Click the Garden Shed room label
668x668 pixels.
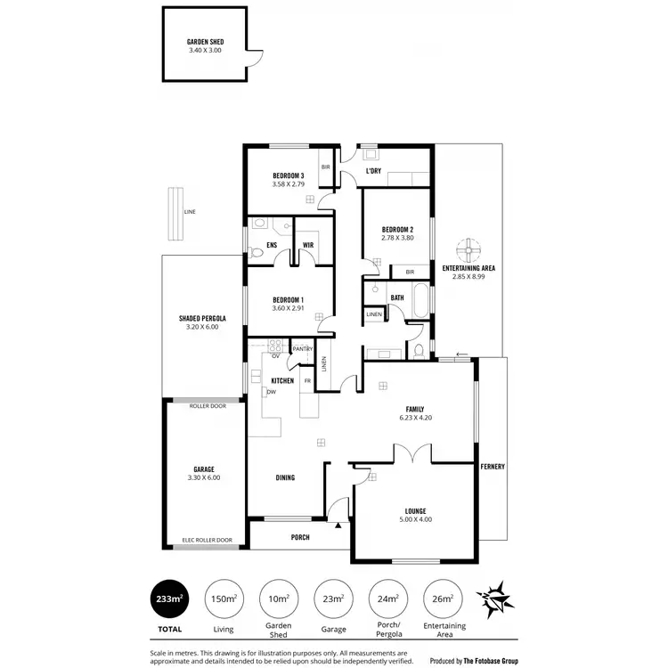204,42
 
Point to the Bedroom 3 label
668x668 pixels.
289,175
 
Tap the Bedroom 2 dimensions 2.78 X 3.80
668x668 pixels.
397,238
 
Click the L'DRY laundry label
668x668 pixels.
374,171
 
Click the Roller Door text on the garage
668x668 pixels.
207,406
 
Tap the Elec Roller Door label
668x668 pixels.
207,540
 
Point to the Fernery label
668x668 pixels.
492,467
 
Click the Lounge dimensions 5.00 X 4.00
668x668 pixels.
413,519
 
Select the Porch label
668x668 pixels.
299,537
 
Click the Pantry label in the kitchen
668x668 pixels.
302,349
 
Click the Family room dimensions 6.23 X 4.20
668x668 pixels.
415,417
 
